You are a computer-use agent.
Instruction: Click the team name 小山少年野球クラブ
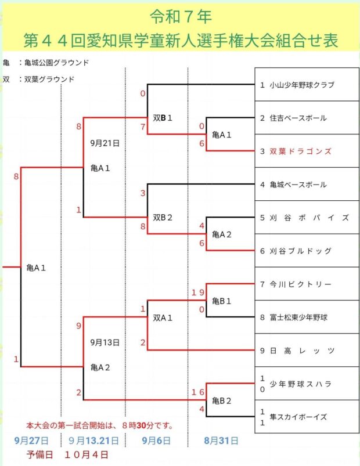coord(301,85)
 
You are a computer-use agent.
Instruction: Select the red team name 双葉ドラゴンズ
coord(300,151)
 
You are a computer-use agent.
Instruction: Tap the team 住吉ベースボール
coord(297,118)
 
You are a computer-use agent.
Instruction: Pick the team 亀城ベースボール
coord(297,185)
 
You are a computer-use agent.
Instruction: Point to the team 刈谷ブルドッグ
coord(300,251)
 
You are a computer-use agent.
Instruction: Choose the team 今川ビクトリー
coord(300,284)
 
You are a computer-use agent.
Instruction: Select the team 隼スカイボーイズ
coord(298,417)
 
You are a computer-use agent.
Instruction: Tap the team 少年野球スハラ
coord(300,384)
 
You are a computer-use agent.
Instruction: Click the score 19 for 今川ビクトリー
coord(198,293)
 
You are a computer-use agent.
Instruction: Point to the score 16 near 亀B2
coord(198,393)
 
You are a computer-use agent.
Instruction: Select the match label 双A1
coord(163,317)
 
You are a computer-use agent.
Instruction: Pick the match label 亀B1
coord(222,301)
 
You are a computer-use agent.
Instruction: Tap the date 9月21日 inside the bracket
coord(105,142)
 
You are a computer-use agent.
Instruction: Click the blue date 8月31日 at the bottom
coord(221,441)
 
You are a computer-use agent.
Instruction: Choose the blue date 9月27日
coord(31,441)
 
